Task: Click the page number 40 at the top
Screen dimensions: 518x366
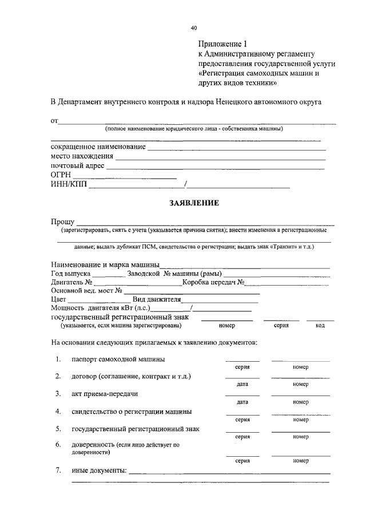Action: click(194, 27)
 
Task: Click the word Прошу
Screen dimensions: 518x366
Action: click(62, 222)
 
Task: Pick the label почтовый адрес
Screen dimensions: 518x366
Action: click(78, 165)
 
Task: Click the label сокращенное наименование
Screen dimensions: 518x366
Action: click(98, 147)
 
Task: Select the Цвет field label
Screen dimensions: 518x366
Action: click(59, 299)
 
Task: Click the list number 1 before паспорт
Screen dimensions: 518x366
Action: click(58, 359)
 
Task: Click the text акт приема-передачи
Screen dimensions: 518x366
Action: click(105, 394)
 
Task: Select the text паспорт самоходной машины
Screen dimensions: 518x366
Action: click(118, 359)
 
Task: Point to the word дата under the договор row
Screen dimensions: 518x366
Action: click(242, 385)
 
